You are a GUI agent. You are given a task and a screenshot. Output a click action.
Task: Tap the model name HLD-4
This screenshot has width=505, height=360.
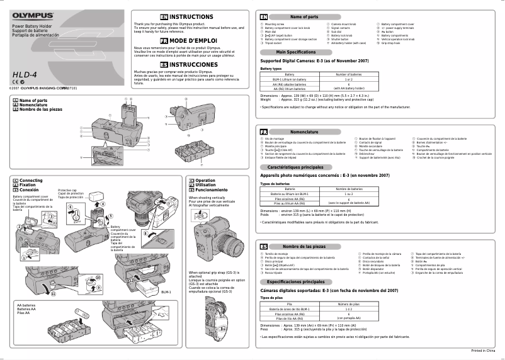click(x=24, y=74)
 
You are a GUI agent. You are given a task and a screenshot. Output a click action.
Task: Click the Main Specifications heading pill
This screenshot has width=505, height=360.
click(x=296, y=52)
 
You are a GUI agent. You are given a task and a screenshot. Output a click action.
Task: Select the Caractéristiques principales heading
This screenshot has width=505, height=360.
click(x=295, y=167)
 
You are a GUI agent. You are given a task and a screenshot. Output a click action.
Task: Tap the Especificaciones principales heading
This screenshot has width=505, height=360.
click(x=296, y=282)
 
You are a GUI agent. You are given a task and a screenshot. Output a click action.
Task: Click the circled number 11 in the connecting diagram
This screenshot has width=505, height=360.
click(x=53, y=293)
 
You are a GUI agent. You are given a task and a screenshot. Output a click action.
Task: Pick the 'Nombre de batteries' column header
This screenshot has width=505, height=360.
click(x=348, y=189)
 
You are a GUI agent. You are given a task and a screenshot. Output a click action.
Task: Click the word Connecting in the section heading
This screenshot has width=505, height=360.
click(x=31, y=180)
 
